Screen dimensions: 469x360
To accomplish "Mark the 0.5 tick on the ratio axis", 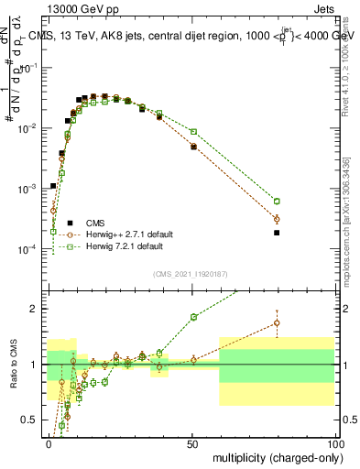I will [33, 420].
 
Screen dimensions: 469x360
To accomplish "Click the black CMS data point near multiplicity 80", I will [277, 233].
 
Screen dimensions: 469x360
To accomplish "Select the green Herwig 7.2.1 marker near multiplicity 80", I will [277, 202].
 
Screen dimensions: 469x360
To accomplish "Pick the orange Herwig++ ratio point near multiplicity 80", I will [277, 322].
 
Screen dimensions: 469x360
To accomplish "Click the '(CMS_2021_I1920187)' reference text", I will [191, 273].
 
